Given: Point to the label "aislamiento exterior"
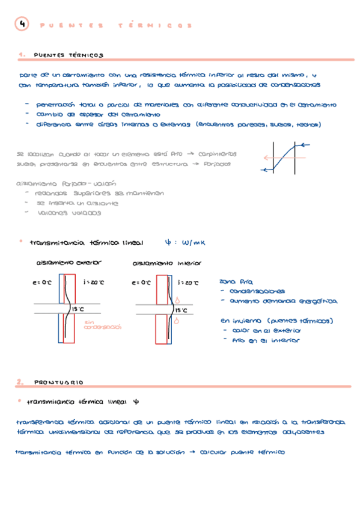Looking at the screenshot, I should pyautogui.click(x=69, y=263).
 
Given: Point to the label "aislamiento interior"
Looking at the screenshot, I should pyautogui.click(x=167, y=263).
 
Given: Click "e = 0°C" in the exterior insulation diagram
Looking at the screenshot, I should pyautogui.click(x=42, y=282).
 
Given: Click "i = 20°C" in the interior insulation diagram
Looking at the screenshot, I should pyautogui.click(x=188, y=282).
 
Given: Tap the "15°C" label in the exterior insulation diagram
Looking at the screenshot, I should pyautogui.click(x=78, y=309).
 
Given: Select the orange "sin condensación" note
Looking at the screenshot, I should pyautogui.click(x=102, y=325).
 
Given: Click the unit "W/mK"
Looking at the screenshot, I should pyautogui.click(x=194, y=243).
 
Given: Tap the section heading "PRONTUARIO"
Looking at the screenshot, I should pyautogui.click(x=58, y=382).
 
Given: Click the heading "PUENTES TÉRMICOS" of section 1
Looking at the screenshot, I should pyautogui.click(x=68, y=55).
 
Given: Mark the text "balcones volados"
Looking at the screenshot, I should pyautogui.click(x=69, y=212).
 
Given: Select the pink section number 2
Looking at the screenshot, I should pyautogui.click(x=20, y=382).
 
